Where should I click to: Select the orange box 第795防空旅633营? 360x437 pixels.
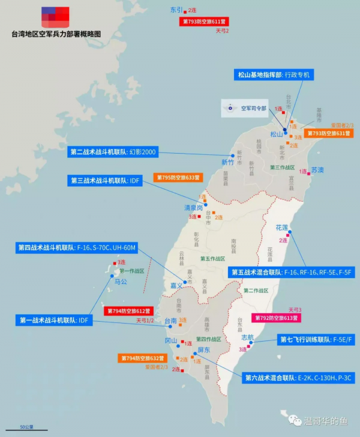click(x=179, y=178)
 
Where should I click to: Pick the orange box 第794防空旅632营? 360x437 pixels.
click(x=140, y=358)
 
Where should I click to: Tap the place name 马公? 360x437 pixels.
click(x=121, y=282)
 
